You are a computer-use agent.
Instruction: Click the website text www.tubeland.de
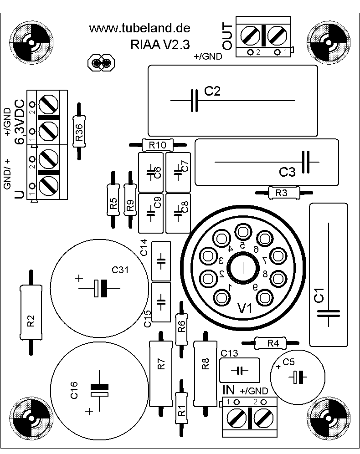coord(139,28)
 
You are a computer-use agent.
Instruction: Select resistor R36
coord(79,131)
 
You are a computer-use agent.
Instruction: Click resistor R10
coord(158,145)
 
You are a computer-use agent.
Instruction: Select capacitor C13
coord(239,369)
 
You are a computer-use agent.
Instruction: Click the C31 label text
coord(121,270)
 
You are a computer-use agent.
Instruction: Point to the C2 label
coord(212,92)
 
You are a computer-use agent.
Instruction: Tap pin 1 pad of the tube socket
coord(223,297)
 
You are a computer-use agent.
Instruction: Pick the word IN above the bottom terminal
coord(229,390)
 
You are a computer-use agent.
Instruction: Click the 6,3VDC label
coord(21,121)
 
